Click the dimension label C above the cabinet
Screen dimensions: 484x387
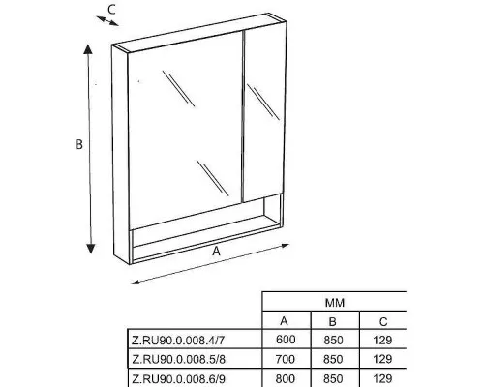tap(111, 10)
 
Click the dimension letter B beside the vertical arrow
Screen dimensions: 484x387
tap(79, 144)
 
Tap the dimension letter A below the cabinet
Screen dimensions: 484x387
tap(216, 251)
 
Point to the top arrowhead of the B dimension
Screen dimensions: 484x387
tap(88, 49)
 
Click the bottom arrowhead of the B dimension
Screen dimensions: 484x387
tap(91, 249)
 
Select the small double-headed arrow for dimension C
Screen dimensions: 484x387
tap(107, 20)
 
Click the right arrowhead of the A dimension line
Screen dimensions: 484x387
tap(285, 246)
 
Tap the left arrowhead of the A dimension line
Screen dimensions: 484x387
tap(136, 283)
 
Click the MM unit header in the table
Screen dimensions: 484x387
tap(335, 303)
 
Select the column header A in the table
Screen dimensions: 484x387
tap(284, 321)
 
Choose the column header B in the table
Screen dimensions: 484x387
tap(332, 322)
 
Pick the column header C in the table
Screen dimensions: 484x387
tap(383, 322)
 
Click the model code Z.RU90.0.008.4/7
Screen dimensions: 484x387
tap(178, 341)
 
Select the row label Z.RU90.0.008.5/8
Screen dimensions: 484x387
tap(178, 359)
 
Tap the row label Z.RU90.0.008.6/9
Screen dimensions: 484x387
tap(178, 378)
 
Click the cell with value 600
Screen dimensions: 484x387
tap(286, 340)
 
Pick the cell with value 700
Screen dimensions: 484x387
tap(286, 359)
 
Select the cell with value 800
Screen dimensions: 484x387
tap(286, 378)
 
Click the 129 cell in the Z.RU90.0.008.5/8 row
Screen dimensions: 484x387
tap(382, 359)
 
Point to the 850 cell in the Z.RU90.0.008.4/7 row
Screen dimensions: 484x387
tap(333, 341)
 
